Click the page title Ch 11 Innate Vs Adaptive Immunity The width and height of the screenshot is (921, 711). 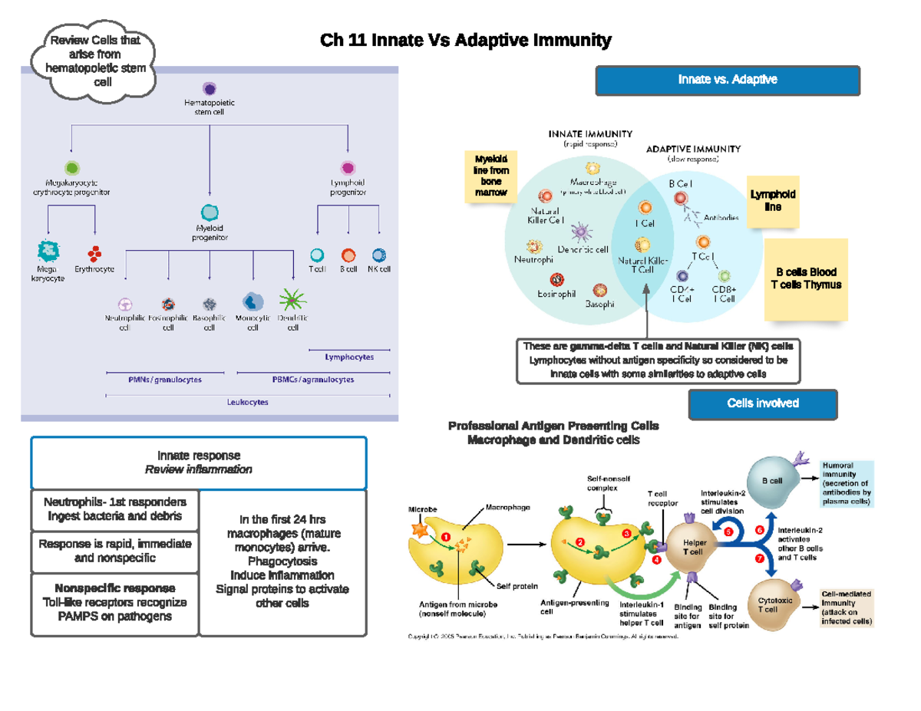pyautogui.click(x=466, y=41)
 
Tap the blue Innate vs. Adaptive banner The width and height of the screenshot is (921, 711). pyautogui.click(x=728, y=80)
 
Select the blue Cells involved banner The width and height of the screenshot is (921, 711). pyautogui.click(x=762, y=403)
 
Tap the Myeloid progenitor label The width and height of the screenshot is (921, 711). pyautogui.click(x=210, y=232)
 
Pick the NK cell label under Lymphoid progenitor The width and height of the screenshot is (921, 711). pyautogui.click(x=378, y=270)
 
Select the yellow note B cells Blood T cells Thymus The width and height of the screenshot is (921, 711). pyautogui.click(x=806, y=279)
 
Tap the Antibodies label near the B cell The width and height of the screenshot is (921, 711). pyautogui.click(x=721, y=218)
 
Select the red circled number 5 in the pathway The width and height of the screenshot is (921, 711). pyautogui.click(x=728, y=532)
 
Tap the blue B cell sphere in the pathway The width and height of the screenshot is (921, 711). pyautogui.click(x=771, y=481)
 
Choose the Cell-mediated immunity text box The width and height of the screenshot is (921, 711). pyautogui.click(x=846, y=608)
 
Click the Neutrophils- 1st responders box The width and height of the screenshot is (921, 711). pyautogui.click(x=113, y=509)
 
